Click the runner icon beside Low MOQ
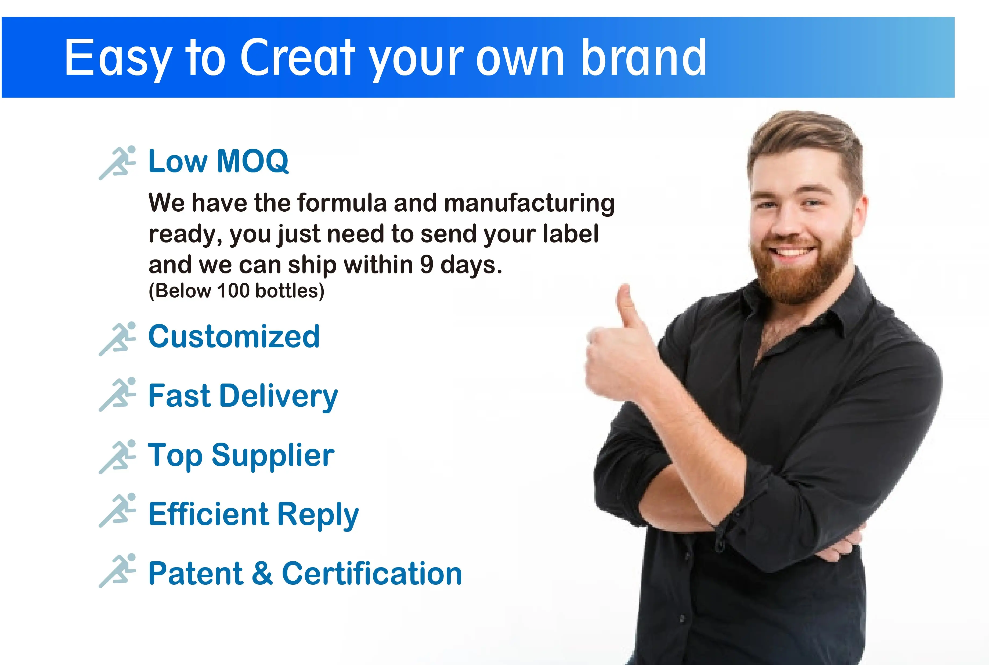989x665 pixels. [x=117, y=162]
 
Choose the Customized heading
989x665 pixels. [x=234, y=336]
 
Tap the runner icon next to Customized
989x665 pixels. [x=117, y=338]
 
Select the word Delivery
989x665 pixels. [x=278, y=396]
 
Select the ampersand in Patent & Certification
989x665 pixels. [x=262, y=573]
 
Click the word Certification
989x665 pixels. [x=372, y=573]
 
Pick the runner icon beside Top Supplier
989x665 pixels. [x=117, y=457]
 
